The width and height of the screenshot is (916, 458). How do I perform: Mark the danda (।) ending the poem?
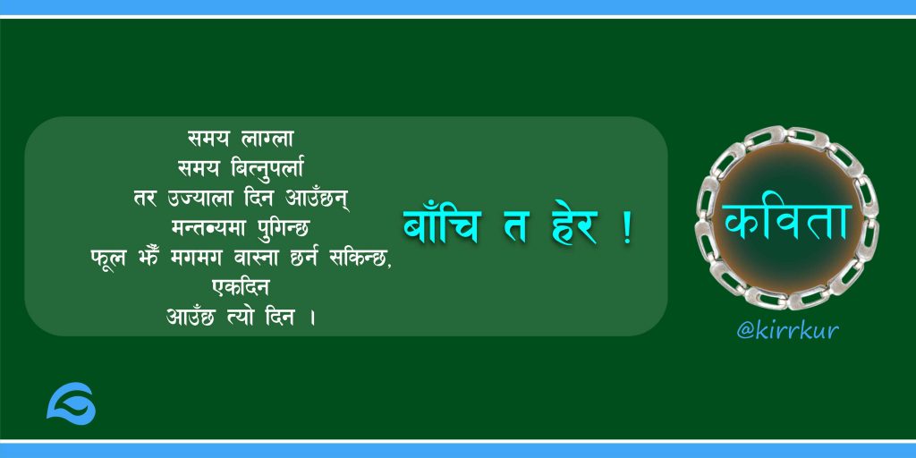point(313,319)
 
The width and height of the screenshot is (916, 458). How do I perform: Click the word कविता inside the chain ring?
point(786,222)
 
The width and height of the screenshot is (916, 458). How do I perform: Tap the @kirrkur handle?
point(787,331)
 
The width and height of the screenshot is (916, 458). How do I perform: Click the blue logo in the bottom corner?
point(72,403)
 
